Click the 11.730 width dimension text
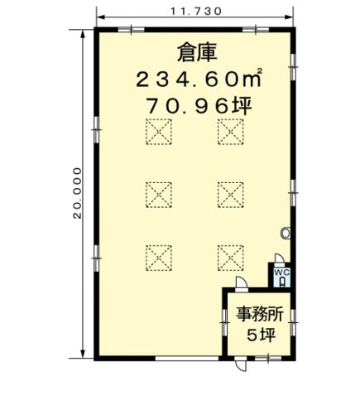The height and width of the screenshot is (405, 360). [x=195, y=12]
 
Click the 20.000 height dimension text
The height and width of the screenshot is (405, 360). [x=78, y=193]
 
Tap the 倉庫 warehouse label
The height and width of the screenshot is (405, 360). [x=197, y=53]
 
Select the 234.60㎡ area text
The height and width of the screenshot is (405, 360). [x=199, y=78]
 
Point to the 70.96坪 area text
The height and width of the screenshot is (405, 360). [x=199, y=106]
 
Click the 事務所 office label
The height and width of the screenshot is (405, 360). [x=259, y=314]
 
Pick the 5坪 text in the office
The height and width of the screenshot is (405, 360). [x=261, y=335]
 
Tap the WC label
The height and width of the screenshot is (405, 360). [x=281, y=272]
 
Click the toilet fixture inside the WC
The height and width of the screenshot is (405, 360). [x=282, y=282]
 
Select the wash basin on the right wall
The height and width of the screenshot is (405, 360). [x=286, y=233]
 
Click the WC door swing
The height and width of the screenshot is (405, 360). [x=279, y=258]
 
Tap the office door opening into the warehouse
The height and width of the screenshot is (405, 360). [x=242, y=282]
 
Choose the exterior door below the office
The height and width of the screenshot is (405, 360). [x=241, y=364]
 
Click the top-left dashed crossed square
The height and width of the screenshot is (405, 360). [x=159, y=132]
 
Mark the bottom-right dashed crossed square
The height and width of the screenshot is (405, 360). [x=230, y=258]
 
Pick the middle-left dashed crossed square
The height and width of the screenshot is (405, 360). [x=159, y=195]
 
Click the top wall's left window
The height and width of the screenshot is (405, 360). [x=131, y=29]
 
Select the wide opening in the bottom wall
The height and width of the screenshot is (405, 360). [x=187, y=358]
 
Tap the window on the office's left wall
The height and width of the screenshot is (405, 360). [x=225, y=322]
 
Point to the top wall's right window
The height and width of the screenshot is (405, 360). [x=256, y=29]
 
